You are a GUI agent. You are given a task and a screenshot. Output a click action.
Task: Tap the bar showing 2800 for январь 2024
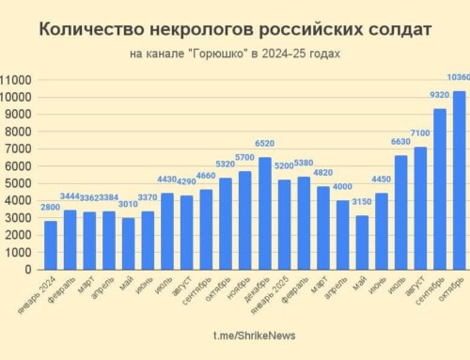(51, 245)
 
